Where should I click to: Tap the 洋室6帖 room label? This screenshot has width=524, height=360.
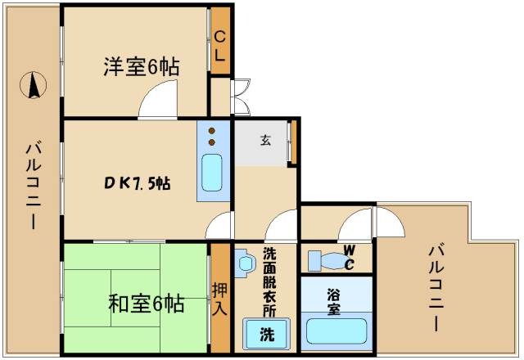[x=141, y=67]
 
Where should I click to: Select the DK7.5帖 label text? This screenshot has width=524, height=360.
[x=136, y=182]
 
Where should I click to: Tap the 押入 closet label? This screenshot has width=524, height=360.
[x=219, y=299]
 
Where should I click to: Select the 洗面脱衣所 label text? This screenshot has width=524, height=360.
[x=269, y=281]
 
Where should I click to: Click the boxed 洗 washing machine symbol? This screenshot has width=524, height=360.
[x=268, y=334]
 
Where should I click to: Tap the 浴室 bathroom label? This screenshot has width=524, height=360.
[x=334, y=304]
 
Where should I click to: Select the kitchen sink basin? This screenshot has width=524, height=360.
[x=212, y=172]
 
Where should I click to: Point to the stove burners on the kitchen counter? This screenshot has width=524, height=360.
[x=212, y=135]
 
